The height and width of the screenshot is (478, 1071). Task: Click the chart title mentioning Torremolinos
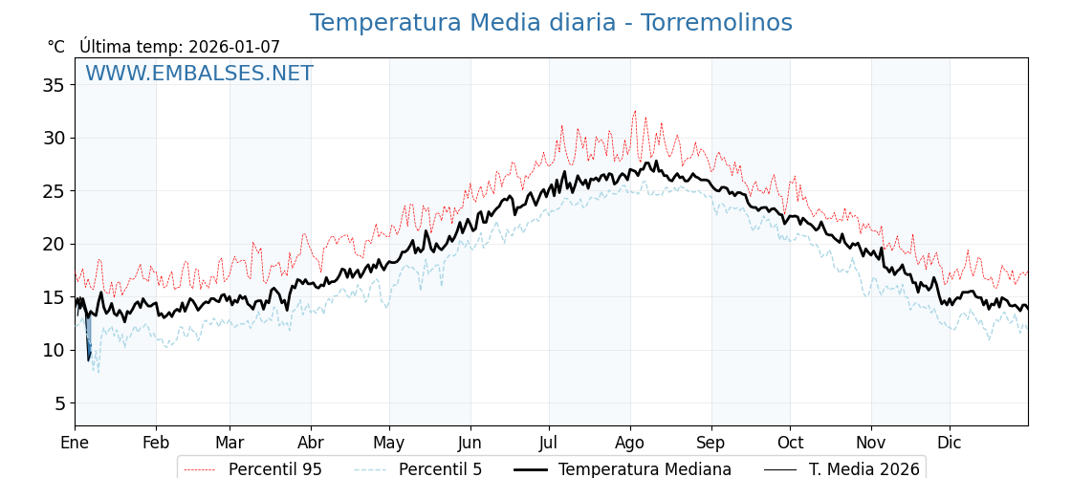pyautogui.click(x=551, y=23)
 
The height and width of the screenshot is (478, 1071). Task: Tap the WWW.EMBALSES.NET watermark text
pyautogui.click(x=199, y=74)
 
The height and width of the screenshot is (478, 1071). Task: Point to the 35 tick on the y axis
pyautogui.click(x=54, y=85)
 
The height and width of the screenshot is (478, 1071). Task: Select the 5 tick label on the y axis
pyautogui.click(x=59, y=403)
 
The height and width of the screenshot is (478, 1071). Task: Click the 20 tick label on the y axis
pyautogui.click(x=54, y=244)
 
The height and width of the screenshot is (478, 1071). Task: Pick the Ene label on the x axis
pyautogui.click(x=75, y=443)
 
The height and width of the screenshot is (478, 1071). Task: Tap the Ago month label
pyautogui.click(x=629, y=443)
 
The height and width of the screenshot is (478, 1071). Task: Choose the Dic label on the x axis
pyautogui.click(x=949, y=443)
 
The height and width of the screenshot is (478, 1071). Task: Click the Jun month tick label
pyautogui.click(x=470, y=443)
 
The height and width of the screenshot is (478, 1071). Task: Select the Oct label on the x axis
pyautogui.click(x=790, y=443)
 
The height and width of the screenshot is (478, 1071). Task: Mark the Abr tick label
pyautogui.click(x=311, y=443)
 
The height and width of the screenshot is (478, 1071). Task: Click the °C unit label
pyautogui.click(x=55, y=47)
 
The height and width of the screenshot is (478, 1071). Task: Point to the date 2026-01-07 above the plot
pyautogui.click(x=234, y=47)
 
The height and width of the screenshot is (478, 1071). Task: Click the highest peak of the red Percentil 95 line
pyautogui.click(x=634, y=111)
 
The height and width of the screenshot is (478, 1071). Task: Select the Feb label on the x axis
pyautogui.click(x=156, y=443)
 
